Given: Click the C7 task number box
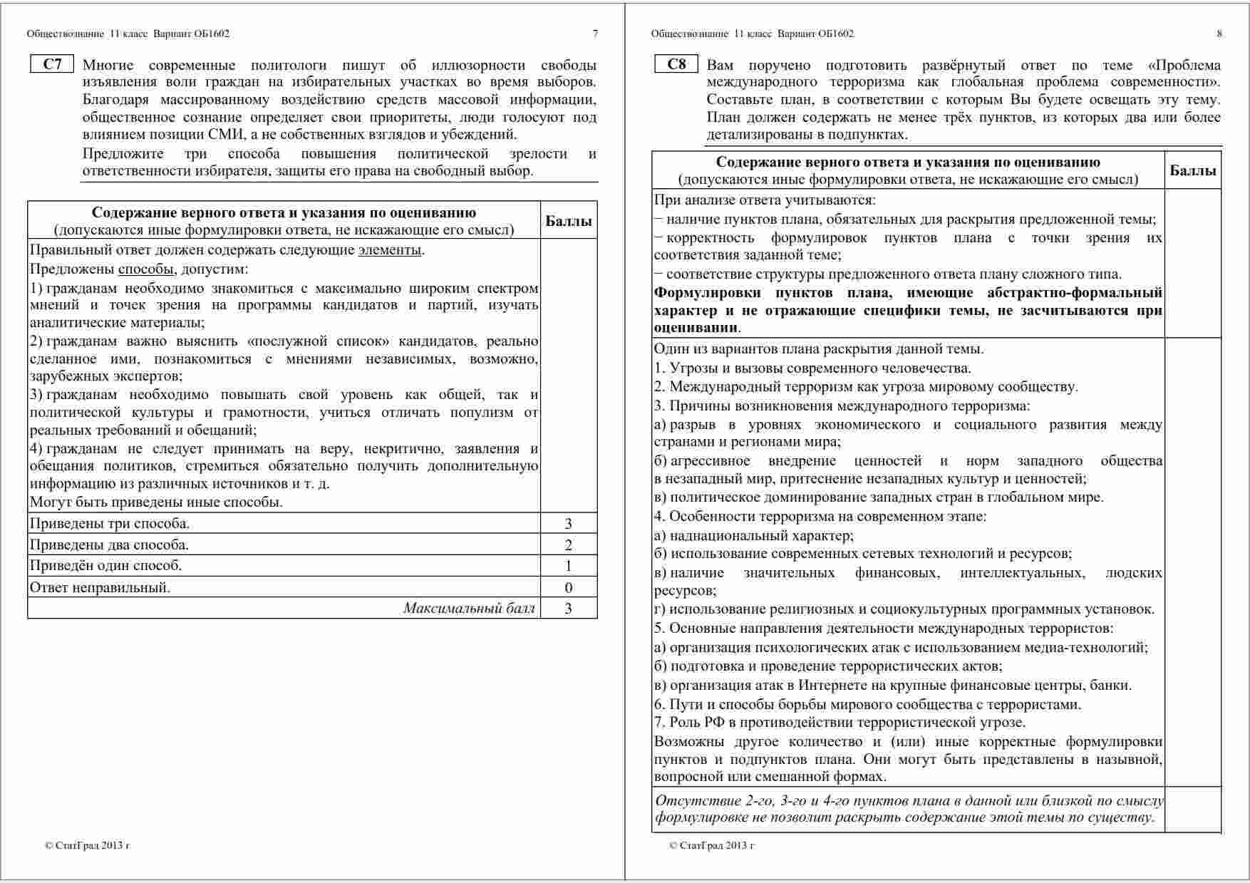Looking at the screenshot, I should (x=53, y=65).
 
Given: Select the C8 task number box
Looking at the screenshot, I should (x=676, y=65).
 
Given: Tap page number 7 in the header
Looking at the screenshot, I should (x=595, y=33).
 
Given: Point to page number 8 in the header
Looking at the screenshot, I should (x=1219, y=33).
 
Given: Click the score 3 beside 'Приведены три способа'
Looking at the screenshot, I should (x=568, y=524).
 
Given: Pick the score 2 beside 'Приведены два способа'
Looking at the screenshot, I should (x=568, y=545).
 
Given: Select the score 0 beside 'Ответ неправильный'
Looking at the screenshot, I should (x=568, y=587).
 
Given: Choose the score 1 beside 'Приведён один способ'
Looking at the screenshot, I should (x=568, y=566).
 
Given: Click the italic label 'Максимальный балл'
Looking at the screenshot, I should (x=468, y=608).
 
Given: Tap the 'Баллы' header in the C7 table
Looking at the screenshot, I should (x=568, y=221).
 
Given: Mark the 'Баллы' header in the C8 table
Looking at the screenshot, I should (x=1192, y=170).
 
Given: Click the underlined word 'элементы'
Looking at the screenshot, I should (x=390, y=250).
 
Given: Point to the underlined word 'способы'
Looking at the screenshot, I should (x=145, y=269).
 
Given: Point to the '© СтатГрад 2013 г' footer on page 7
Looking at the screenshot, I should (x=87, y=846).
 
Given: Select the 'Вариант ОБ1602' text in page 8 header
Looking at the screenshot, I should (x=815, y=33).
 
